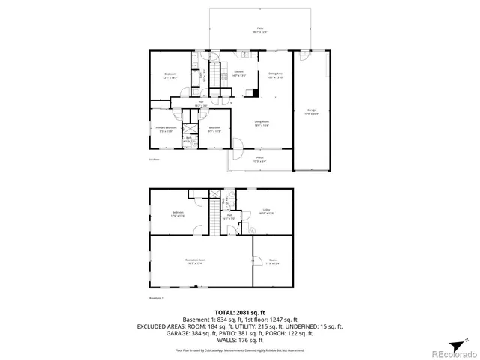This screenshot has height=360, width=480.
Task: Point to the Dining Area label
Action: pos(274,74)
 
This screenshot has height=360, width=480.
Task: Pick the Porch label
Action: pos(259,159)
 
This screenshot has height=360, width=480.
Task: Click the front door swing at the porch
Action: pos(235,150)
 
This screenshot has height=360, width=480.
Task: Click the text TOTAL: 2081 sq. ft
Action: pos(239,311)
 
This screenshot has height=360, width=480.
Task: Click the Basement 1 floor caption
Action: pos(156,298)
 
